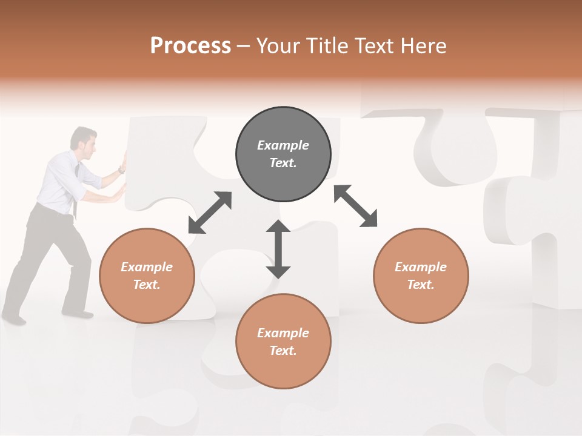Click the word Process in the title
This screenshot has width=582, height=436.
tap(190, 46)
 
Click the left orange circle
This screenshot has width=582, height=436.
tap(147, 276)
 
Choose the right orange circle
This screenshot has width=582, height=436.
tap(421, 276)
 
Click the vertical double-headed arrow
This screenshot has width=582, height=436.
tap(278, 249)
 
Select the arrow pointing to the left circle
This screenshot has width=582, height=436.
tap(210, 213)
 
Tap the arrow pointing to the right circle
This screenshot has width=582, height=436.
tap(356, 206)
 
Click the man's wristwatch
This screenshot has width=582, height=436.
tap(121, 170)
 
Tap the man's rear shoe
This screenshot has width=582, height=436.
tap(13, 318)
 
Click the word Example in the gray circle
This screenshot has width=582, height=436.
tap(283, 145)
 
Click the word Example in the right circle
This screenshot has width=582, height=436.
tap(421, 267)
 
